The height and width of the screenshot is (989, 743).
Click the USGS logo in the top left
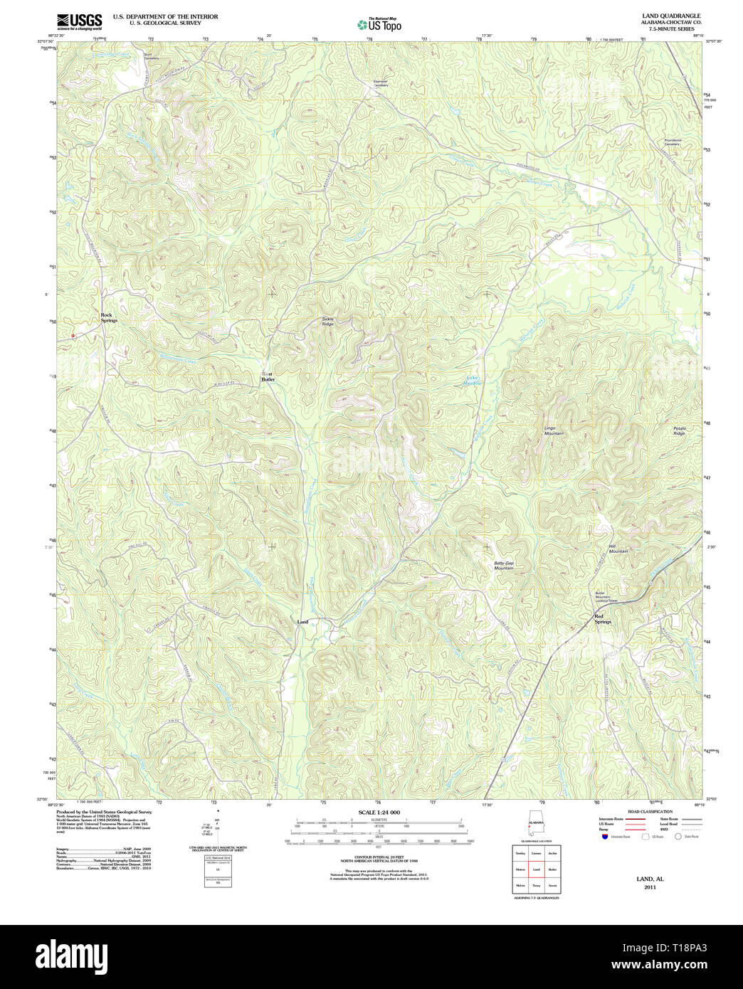click(x=79, y=21)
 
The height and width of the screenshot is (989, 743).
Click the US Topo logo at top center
click(x=379, y=24)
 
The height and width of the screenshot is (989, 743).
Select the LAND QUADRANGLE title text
click(x=671, y=16)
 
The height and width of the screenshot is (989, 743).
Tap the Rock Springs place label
click(x=109, y=318)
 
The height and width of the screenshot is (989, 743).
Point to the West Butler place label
click(x=268, y=377)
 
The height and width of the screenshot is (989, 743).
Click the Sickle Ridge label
click(x=327, y=322)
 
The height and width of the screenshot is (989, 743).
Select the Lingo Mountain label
click(x=554, y=431)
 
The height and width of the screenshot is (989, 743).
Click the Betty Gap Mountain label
click(x=504, y=566)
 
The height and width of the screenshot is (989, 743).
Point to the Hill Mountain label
click(x=618, y=549)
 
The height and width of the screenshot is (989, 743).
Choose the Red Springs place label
click(x=603, y=619)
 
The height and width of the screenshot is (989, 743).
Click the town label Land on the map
click(x=302, y=622)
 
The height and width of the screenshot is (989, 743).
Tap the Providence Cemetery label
click(x=673, y=142)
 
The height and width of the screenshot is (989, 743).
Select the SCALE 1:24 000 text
click(x=379, y=812)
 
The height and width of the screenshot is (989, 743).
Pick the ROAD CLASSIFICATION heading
click(x=649, y=812)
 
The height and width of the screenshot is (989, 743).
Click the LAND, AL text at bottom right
click(x=650, y=879)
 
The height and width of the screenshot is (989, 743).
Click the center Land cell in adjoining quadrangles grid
click(x=536, y=869)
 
